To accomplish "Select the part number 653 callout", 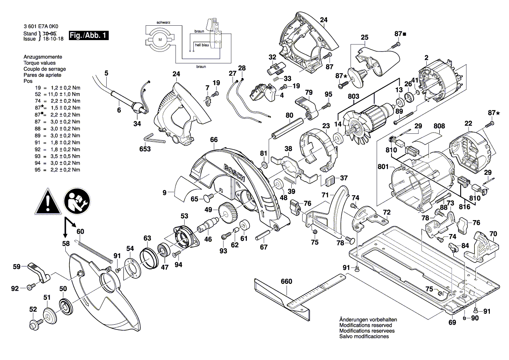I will pyautogui.click(x=145, y=149).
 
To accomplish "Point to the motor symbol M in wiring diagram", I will pyautogui.click(x=159, y=40).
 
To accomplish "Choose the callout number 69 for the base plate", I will pyautogui.click(x=452, y=323).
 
